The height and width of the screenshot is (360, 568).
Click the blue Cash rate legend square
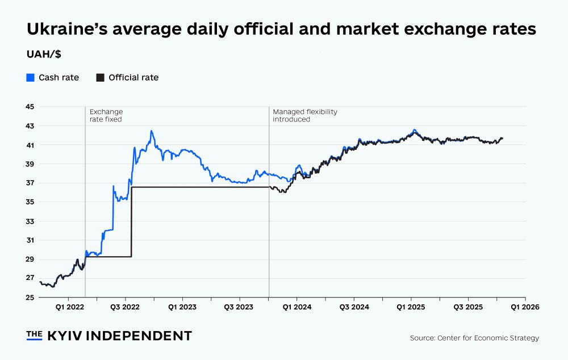[x=31, y=77]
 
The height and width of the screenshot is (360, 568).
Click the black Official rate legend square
[x=100, y=77]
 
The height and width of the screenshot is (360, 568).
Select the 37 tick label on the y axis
[x=30, y=183]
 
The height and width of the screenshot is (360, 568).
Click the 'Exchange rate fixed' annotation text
[x=106, y=116]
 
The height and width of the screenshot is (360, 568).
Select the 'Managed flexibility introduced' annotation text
[x=304, y=116]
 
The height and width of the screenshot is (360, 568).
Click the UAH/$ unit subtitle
[x=44, y=55]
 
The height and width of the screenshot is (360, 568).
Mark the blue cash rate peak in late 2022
[x=151, y=131]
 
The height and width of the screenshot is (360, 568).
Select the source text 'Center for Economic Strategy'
[x=488, y=338]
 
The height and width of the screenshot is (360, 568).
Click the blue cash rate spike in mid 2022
[x=113, y=186]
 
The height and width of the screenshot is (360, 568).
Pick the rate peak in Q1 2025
[x=415, y=131]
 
